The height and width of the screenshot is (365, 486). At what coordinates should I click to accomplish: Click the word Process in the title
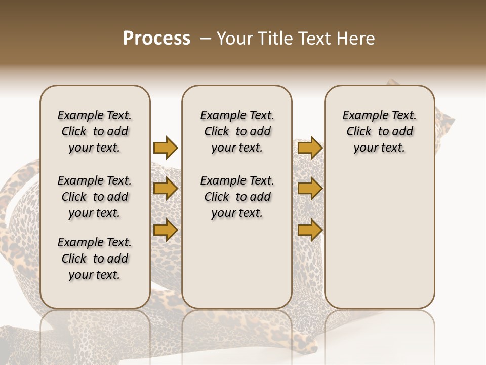pos(156,39)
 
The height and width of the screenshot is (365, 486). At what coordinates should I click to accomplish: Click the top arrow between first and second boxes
pos(166,148)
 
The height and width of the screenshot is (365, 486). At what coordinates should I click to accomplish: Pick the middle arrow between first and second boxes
pos(166,189)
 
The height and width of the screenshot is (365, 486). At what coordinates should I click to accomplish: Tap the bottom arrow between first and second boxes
pos(166,230)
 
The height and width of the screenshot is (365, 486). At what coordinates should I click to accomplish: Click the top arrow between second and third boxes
pos(310,148)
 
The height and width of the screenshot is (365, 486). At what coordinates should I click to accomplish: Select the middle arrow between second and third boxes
pos(310,189)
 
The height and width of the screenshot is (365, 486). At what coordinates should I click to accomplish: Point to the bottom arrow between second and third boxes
pos(310,230)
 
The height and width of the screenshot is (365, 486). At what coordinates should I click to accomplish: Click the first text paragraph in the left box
pos(95,131)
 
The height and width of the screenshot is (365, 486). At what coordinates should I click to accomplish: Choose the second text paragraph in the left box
pos(95,197)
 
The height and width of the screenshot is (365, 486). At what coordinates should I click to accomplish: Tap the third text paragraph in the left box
pos(95,259)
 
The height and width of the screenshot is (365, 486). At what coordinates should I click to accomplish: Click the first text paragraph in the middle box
pos(237,131)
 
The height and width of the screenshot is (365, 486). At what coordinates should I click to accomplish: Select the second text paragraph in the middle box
pos(237,197)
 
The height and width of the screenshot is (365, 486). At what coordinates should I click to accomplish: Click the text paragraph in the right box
pos(379,131)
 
